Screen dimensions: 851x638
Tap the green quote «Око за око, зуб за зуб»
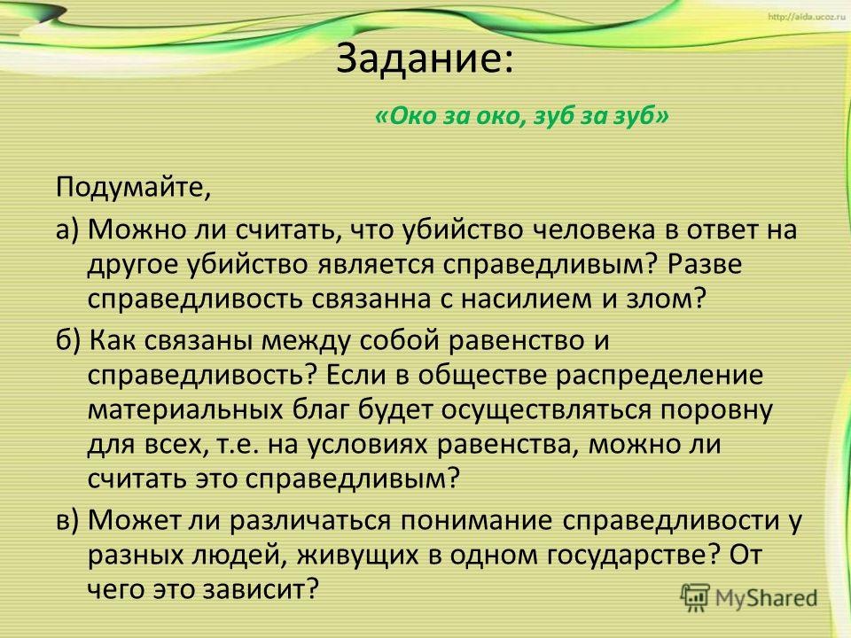click(x=521, y=115)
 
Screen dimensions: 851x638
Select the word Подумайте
click(x=129, y=189)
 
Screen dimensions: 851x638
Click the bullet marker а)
click(x=68, y=230)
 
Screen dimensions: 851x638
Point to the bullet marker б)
click(x=69, y=340)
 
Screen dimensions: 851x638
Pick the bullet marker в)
click(x=68, y=520)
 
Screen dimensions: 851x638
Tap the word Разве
click(x=705, y=265)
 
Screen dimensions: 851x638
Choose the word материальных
click(x=185, y=410)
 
